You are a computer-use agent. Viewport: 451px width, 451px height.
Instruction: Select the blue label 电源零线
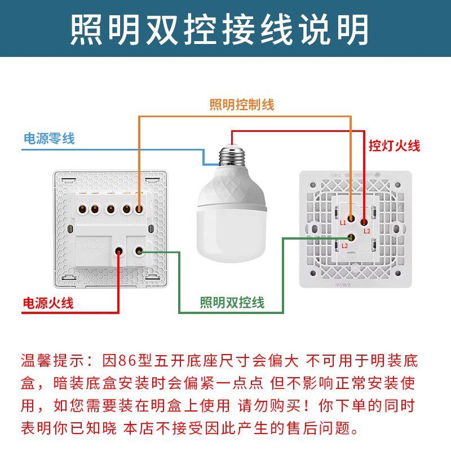48,138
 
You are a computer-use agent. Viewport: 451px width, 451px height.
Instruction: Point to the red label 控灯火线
394,146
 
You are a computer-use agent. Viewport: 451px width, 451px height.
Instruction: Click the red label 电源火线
48,303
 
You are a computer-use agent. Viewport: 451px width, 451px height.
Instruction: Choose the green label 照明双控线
232,303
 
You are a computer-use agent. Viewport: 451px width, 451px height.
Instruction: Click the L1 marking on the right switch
343,223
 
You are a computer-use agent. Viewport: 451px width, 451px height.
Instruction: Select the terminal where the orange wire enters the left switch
138,210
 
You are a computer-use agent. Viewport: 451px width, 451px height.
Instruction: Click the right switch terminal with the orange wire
351,216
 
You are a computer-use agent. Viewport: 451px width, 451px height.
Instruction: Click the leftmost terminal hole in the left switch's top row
80,210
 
